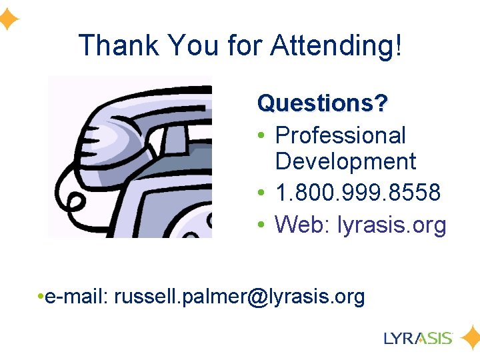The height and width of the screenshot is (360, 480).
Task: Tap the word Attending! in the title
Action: [x=336, y=46]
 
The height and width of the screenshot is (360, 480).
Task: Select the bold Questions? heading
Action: [x=323, y=103]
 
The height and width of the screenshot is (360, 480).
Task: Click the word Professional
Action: [x=340, y=135]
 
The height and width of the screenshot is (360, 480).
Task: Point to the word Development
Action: [x=345, y=161]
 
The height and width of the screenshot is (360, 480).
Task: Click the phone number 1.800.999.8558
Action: [x=358, y=193]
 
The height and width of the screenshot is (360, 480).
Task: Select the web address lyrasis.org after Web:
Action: [x=392, y=225]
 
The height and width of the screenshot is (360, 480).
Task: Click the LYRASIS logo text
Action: [x=418, y=338]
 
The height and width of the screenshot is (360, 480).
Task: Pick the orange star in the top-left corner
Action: [x=8, y=20]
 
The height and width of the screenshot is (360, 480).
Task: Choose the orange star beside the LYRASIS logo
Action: [x=469, y=337]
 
